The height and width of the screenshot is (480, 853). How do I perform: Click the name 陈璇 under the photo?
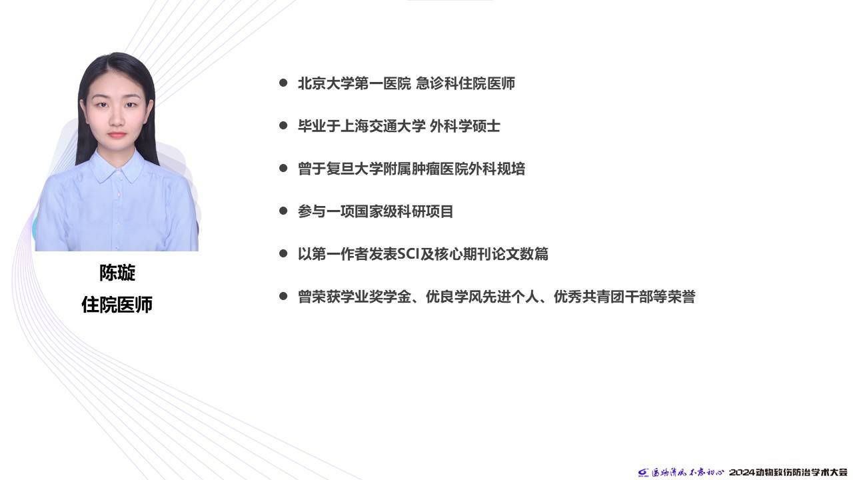(117, 273)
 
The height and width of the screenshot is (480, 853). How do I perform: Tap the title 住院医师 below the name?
(117, 305)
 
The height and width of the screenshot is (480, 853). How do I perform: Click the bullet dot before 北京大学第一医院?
(283, 83)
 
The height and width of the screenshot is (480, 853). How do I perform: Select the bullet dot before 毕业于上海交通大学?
(283, 125)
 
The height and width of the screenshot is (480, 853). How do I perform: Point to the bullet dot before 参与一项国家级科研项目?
(283, 211)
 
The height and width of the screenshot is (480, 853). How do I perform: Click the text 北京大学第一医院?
(355, 83)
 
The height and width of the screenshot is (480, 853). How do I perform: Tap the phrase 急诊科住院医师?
(465, 83)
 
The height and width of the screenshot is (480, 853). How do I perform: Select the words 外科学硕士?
(465, 126)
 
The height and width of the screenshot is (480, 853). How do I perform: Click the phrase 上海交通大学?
(383, 126)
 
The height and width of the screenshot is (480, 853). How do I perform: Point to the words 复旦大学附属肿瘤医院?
(397, 169)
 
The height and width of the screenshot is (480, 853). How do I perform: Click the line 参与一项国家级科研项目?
(376, 211)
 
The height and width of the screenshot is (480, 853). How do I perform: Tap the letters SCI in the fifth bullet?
(408, 254)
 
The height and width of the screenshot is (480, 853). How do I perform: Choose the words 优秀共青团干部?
(603, 297)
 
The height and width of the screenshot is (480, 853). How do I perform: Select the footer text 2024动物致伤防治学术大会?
(790, 473)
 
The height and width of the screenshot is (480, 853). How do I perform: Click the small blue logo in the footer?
(644, 473)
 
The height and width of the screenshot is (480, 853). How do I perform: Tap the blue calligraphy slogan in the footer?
(688, 473)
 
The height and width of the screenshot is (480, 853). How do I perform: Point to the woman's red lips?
(117, 135)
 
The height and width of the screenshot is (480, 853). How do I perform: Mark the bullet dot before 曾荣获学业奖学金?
(283, 296)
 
